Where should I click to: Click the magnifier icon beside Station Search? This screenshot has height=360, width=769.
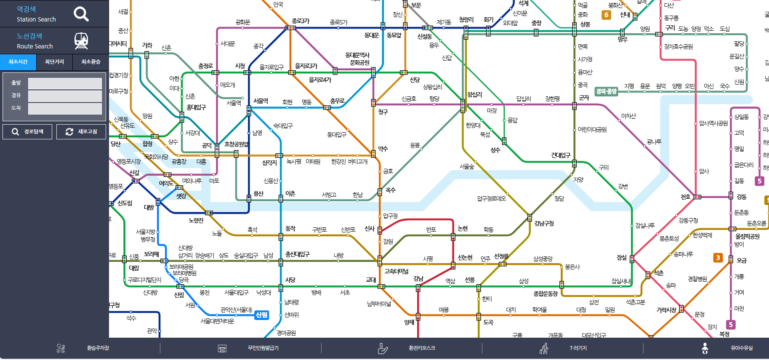[81, 14]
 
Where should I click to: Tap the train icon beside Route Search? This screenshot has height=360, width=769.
[81, 41]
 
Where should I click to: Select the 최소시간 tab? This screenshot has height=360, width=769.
[18, 62]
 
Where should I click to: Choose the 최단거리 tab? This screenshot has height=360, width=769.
[54, 62]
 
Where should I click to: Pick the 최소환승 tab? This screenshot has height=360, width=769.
[90, 62]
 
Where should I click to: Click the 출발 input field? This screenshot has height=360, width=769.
[65, 83]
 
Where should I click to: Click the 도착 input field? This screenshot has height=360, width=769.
[65, 109]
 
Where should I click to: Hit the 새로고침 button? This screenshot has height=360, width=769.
[81, 132]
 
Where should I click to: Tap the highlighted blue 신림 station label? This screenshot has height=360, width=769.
[261, 315]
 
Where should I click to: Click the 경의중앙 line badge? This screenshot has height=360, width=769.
[606, 91]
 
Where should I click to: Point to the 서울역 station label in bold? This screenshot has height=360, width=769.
[261, 101]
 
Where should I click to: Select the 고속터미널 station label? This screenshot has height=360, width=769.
[396, 271]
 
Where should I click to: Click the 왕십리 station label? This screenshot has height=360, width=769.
[474, 95]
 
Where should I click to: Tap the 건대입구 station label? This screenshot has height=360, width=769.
[561, 155]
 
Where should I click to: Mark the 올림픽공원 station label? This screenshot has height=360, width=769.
[747, 237]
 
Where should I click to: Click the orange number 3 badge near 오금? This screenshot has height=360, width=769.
[718, 258]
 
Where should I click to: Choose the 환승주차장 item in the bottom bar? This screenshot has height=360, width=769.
[98, 348]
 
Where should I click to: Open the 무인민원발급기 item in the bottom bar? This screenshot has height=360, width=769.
[263, 348]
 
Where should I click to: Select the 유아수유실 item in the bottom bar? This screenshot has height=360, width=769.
[742, 348]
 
